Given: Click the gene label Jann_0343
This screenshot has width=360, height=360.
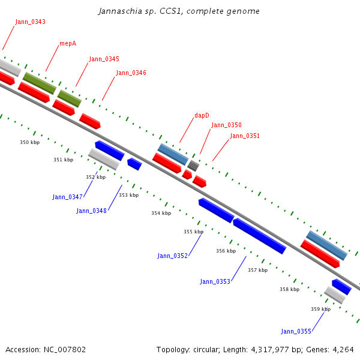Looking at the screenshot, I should (30, 22).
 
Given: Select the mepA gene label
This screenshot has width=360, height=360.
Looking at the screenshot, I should (68, 44).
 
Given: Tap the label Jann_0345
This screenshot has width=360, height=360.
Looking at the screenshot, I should (104, 59).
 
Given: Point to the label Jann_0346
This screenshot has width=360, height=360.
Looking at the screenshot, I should (131, 73).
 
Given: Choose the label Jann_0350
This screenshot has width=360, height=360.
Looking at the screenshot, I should (226, 125).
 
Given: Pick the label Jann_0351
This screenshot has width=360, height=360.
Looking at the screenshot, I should (245, 136).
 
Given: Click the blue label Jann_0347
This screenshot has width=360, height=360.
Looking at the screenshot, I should (67, 197).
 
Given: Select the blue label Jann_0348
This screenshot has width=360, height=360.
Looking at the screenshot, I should (91, 211).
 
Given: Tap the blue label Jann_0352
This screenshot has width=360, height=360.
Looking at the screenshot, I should (173, 256).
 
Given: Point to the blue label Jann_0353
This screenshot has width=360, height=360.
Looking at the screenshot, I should (215, 281).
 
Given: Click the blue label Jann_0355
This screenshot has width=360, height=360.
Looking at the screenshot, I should (296, 331).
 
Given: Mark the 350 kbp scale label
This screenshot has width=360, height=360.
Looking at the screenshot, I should (29, 142).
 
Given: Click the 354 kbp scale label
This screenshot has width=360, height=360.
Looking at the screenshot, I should (161, 213).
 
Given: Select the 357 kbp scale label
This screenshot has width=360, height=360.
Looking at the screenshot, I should (257, 270).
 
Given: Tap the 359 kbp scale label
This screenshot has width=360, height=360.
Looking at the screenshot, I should (320, 309).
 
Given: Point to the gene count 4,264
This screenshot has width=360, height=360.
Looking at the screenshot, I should (341, 349).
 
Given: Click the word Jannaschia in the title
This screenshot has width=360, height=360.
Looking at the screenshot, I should (118, 11).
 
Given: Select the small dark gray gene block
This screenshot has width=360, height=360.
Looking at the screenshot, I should (193, 165).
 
